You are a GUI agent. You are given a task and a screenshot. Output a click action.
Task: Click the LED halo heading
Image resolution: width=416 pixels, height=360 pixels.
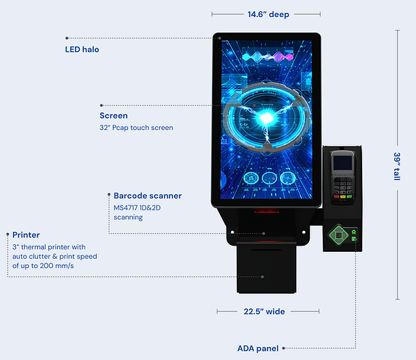82,49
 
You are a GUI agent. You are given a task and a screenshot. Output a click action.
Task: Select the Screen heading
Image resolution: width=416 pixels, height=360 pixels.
114,116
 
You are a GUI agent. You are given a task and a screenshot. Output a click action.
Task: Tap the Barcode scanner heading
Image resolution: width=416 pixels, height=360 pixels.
148,196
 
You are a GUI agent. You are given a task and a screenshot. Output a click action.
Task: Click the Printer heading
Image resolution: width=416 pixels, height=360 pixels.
26,235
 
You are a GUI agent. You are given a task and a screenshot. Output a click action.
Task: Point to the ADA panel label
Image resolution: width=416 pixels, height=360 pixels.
257,348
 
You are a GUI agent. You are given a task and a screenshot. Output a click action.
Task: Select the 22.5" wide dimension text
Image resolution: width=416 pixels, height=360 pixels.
266,312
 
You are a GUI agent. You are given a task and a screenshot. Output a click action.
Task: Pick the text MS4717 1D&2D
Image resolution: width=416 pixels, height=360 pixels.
139,208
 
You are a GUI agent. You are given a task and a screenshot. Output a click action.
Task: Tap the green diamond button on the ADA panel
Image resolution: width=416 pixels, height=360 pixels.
336,235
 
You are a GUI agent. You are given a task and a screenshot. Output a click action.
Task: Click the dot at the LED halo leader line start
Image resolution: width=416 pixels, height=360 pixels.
67,38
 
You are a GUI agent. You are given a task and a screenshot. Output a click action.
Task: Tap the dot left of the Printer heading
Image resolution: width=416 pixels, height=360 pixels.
7,234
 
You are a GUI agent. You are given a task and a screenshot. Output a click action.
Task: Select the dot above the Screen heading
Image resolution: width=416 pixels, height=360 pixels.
101,105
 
